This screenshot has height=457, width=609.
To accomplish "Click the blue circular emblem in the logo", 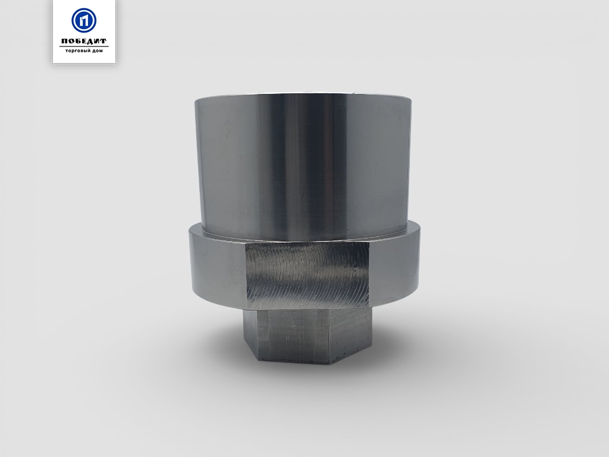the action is pyautogui.click(x=84, y=20).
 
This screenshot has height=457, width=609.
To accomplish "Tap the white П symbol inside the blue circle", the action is pyautogui.click(x=84, y=20).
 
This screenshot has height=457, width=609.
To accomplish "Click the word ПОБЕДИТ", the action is pyautogui.click(x=84, y=41).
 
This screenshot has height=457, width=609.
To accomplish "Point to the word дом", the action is pyautogui.click(x=98, y=51).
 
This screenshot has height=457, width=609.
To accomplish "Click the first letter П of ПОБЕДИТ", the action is pyautogui.click(x=64, y=41).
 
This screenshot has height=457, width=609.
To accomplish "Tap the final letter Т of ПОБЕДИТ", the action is pyautogui.click(x=103, y=41).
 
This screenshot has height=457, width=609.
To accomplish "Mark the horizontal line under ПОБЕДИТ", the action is pyautogui.click(x=84, y=46).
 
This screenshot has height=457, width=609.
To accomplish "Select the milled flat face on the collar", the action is pyautogui.click(x=307, y=275).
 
